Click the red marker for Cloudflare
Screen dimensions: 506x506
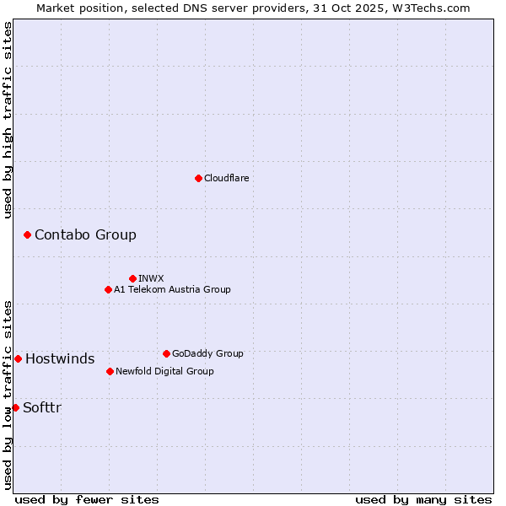tap(198, 178)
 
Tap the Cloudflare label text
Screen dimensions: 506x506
tap(227, 178)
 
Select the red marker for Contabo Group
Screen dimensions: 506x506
tap(27, 234)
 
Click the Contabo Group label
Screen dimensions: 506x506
tap(85, 234)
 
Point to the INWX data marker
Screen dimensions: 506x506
tap(132, 278)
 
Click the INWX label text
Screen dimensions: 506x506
tap(151, 278)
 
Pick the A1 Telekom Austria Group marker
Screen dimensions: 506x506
tap(108, 289)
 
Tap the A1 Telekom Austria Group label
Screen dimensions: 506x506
tap(172, 289)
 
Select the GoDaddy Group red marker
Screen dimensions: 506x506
tap(166, 353)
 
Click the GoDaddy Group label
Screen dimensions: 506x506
tap(207, 353)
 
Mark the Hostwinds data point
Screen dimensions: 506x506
tap(18, 358)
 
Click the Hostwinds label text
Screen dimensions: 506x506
tap(60, 358)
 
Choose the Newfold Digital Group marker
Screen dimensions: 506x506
tap(110, 371)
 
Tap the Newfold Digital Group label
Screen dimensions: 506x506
tap(164, 371)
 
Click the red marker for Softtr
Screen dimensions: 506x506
tap(15, 407)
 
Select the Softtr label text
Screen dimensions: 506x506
tap(42, 407)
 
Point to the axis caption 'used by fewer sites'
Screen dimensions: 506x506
tap(87, 499)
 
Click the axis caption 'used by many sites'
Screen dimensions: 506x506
tap(423, 499)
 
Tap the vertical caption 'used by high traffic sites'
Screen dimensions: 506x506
tap(8, 120)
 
